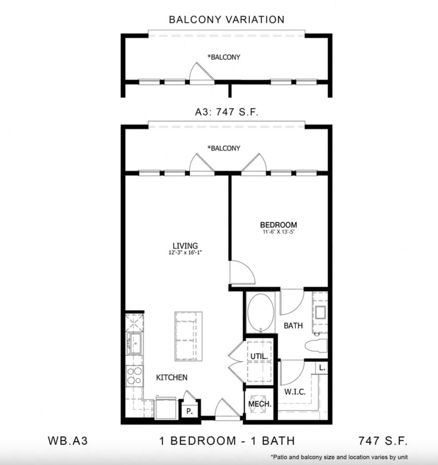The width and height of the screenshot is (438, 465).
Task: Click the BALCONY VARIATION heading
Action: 227,20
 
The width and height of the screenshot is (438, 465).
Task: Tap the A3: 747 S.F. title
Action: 227,112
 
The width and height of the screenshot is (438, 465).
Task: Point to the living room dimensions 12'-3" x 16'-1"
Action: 185,253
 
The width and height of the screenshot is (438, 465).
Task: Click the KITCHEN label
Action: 172,377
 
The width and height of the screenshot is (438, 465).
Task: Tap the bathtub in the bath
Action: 260,313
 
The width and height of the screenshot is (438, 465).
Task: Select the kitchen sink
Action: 134,343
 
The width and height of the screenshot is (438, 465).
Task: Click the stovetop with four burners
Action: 135,376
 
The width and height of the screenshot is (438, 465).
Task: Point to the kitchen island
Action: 188,336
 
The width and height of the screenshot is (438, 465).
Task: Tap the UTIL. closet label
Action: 259,356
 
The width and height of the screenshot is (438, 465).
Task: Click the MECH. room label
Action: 260,404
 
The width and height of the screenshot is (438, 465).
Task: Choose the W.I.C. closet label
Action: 295,392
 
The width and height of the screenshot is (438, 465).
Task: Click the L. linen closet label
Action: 322,368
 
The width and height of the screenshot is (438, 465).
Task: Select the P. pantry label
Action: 189,411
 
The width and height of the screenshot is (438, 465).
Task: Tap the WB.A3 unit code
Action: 68,441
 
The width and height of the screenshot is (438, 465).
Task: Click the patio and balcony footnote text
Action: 339,457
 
